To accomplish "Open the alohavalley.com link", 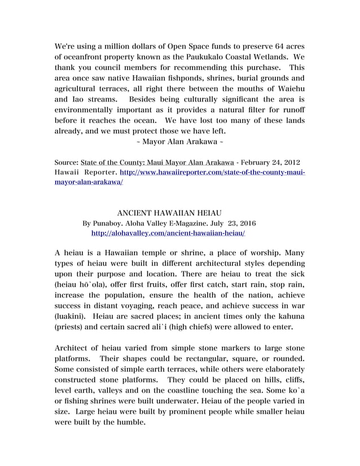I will click(x=168, y=232).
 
